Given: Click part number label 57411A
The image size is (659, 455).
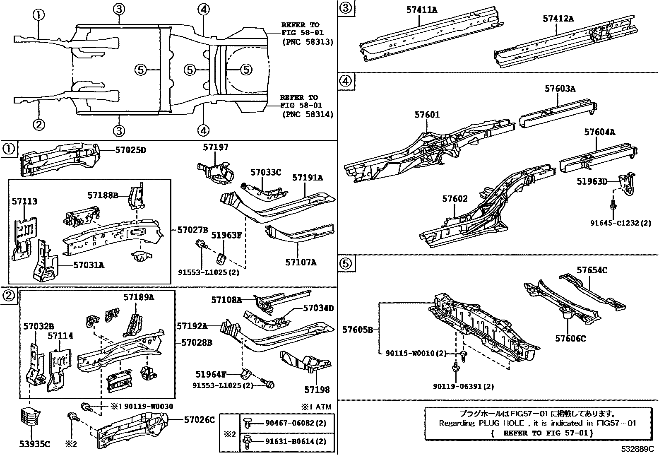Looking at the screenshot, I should tap(421, 10).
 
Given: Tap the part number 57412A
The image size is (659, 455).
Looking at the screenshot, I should tap(558, 19).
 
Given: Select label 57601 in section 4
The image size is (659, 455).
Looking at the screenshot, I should tap(427, 115).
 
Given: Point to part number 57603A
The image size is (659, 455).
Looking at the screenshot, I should tap(560, 88).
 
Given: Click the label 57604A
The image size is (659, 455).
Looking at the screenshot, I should tap(599, 132).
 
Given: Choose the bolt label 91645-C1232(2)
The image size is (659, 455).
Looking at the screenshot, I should tap(621, 223).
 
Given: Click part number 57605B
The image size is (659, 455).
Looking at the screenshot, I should tap(358, 330).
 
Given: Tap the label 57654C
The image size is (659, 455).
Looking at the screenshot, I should tap(592, 270).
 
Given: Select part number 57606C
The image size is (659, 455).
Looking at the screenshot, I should tap(570, 339).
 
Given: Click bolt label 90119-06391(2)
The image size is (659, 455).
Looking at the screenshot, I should tap(463, 386).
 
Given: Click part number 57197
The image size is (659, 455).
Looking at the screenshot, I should tap(215, 147).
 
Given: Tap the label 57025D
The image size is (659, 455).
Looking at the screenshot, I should tap(130, 150).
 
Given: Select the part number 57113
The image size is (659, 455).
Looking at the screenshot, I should tap(24, 202).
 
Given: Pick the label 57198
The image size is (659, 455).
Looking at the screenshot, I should tap(317, 390).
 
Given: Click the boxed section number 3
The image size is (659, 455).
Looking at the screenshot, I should tap(346, 8).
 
